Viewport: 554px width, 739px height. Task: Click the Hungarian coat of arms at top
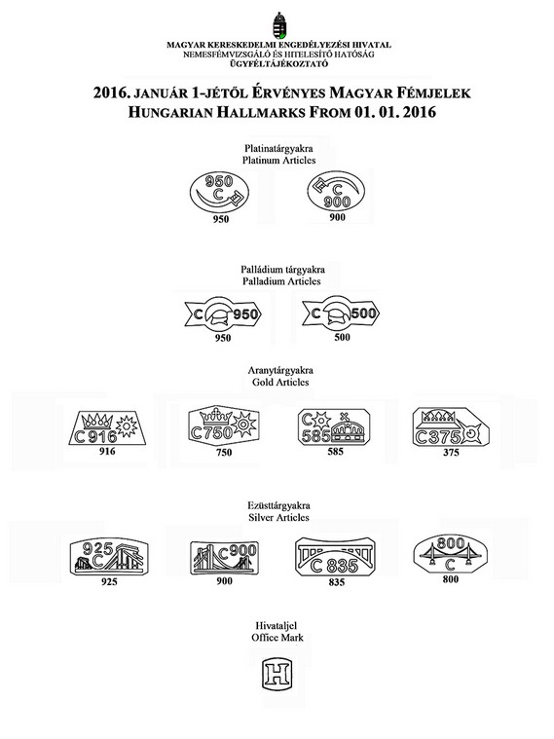(279, 25)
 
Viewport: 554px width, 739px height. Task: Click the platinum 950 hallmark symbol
(219, 193)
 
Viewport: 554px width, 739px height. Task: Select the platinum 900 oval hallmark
(336, 191)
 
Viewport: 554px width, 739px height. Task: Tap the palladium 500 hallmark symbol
(341, 314)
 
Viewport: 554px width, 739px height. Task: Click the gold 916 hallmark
(107, 427)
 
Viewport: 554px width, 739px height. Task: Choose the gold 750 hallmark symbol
(224, 425)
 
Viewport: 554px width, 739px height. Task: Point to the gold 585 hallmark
(334, 427)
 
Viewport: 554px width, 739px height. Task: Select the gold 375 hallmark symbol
(451, 427)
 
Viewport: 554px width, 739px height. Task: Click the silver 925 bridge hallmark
(109, 558)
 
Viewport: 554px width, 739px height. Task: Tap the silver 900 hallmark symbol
(225, 558)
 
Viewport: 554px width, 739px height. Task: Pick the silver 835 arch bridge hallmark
(335, 557)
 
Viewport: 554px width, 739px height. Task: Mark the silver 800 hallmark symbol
(450, 554)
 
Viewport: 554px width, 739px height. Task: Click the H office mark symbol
(277, 674)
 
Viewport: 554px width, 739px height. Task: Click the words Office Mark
(277, 638)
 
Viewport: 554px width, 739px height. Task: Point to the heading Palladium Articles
(281, 281)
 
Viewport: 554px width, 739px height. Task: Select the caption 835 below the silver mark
(337, 582)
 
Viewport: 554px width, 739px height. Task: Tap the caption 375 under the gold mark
(451, 453)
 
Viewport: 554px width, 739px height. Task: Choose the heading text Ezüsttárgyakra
(278, 506)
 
